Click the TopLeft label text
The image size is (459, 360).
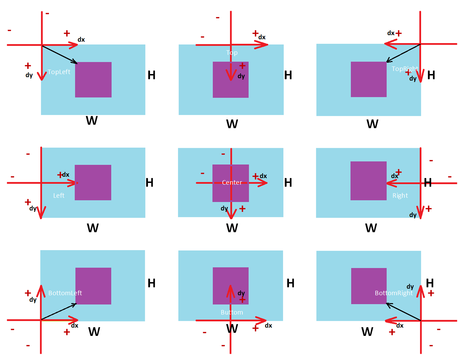[x=59, y=72]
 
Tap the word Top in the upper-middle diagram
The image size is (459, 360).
[x=232, y=53]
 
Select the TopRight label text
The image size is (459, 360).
[x=405, y=69]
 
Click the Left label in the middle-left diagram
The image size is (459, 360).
[x=59, y=196]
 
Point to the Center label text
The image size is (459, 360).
[x=232, y=183]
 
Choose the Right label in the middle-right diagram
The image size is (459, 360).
[x=400, y=196]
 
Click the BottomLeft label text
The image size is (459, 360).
[x=65, y=293]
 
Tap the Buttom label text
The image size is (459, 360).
[x=232, y=312]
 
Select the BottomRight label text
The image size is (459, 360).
[x=393, y=293]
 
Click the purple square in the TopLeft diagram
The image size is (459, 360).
[x=93, y=80]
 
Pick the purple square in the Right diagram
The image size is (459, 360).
[x=368, y=181]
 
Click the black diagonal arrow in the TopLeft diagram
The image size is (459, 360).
[x=59, y=54]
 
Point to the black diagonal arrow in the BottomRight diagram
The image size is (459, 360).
[x=403, y=312]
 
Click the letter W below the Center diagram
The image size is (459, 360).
[x=232, y=228]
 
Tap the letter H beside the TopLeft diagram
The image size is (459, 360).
[x=151, y=75]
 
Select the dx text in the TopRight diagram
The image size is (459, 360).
[x=391, y=33]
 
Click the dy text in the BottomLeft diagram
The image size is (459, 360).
[x=33, y=300]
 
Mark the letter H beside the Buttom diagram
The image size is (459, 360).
[x=290, y=283]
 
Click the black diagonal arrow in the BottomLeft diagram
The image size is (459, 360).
[x=59, y=312]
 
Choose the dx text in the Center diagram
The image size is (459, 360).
[x=263, y=176]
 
